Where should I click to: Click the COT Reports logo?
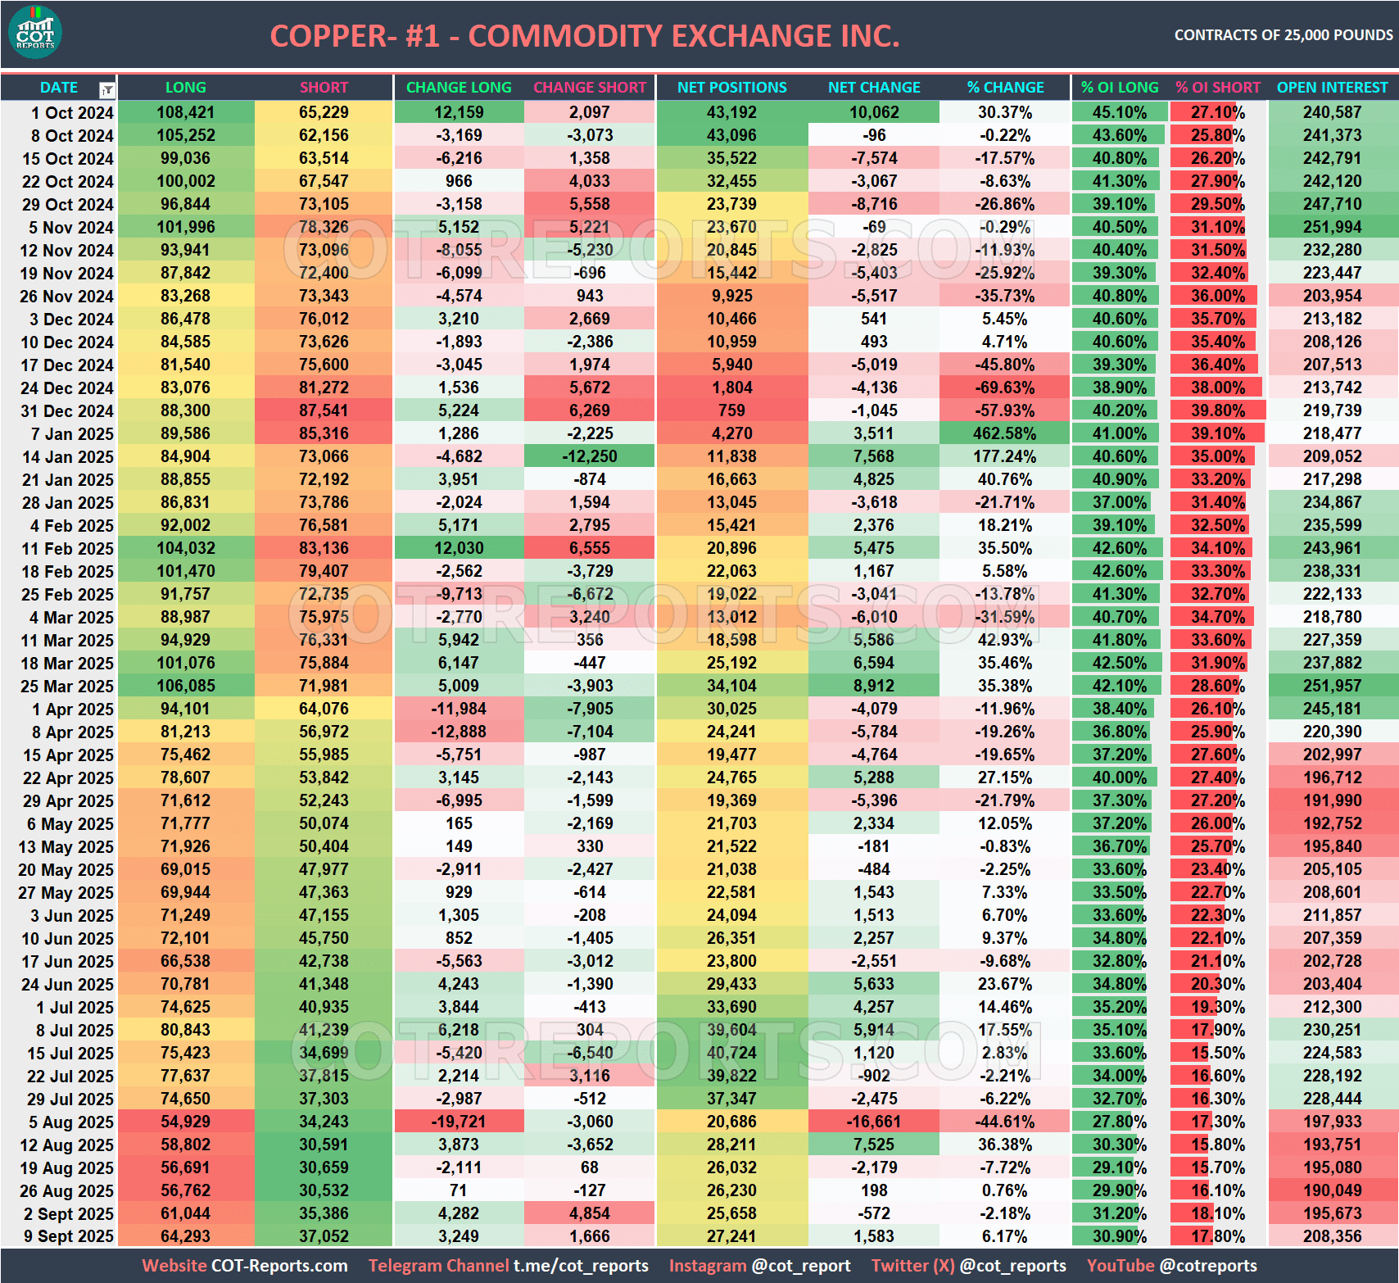pyautogui.click(x=35, y=33)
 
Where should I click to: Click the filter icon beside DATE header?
pyautogui.click(x=107, y=89)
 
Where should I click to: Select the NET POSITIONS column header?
pyautogui.click(x=731, y=88)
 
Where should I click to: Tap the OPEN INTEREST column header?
pyautogui.click(x=1332, y=88)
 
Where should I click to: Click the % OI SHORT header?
pyautogui.click(x=1218, y=88)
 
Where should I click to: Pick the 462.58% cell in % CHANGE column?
pyautogui.click(x=1004, y=433)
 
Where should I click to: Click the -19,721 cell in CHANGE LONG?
pyautogui.click(x=459, y=1122)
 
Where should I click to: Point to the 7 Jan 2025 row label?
pyautogui.click(x=67, y=433)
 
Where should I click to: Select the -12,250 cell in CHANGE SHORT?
pyautogui.click(x=590, y=456)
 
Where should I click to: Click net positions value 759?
pyautogui.click(x=731, y=410)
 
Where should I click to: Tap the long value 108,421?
pyautogui.click(x=185, y=112)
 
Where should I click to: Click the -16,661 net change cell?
pyautogui.click(x=874, y=1122)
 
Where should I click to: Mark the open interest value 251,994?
pyautogui.click(x=1332, y=227)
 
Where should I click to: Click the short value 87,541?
pyautogui.click(x=324, y=410)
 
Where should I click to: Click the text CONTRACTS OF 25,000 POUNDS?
pyautogui.click(x=1283, y=35)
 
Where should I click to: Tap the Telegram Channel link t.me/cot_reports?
pyautogui.click(x=581, y=1266)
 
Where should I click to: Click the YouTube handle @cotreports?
pyautogui.click(x=1207, y=1266)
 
